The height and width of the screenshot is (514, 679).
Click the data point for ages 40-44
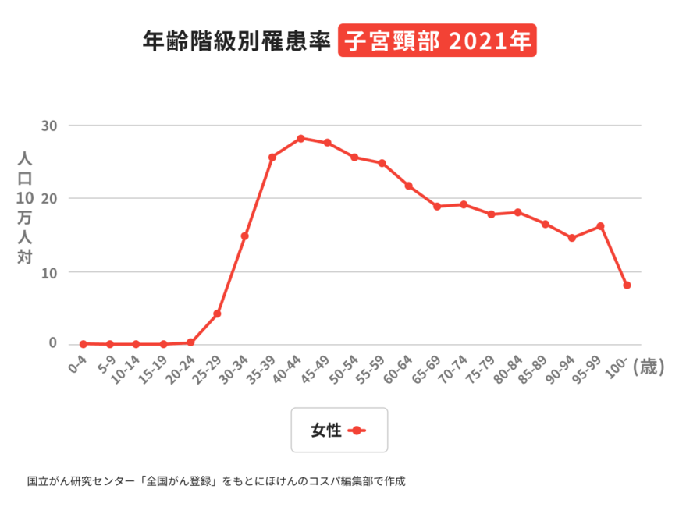point(300,138)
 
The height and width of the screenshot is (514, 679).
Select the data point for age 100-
point(627,285)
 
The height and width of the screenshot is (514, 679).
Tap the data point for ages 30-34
point(245,236)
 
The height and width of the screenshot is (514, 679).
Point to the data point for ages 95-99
point(600,226)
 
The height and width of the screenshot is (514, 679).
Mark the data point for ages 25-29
point(217,314)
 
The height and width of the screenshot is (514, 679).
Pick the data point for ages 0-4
point(83,343)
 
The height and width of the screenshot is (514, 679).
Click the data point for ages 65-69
point(437,207)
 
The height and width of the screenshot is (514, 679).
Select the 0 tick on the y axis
point(53,342)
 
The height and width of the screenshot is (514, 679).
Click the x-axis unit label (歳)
point(649,367)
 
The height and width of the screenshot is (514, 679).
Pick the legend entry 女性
point(339,430)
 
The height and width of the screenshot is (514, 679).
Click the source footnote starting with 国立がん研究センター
point(216,481)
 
